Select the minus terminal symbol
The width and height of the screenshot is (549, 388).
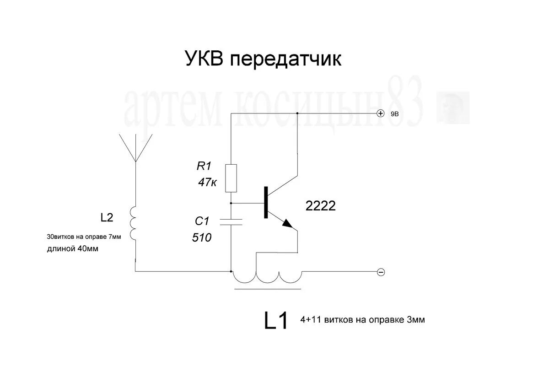381,272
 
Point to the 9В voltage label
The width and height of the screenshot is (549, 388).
395,114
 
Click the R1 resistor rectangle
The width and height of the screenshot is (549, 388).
231,178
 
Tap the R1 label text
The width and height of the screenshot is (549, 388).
205,167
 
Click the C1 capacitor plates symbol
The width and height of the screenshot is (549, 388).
231,222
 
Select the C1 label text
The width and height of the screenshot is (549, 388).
201,221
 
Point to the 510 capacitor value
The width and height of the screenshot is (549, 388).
202,237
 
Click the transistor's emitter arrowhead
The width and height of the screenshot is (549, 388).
287,223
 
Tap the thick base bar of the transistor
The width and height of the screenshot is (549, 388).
265,203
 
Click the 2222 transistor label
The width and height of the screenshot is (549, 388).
320,206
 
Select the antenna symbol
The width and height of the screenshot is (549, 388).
135,147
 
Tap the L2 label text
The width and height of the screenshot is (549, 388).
106,218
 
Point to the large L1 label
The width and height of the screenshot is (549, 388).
276,321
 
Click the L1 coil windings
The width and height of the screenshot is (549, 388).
267,277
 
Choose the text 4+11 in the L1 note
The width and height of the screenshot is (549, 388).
310,320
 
